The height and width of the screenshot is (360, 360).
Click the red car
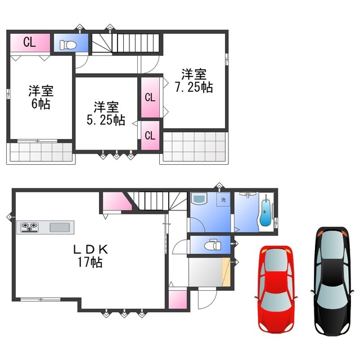click(276, 288)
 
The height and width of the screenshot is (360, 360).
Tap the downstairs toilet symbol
click(211, 244)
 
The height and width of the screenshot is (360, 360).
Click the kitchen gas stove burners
click(29, 227)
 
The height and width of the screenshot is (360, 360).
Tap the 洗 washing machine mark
click(223, 200)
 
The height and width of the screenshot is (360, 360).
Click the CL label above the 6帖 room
click(30, 42)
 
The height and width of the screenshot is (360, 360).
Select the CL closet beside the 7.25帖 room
click(150, 97)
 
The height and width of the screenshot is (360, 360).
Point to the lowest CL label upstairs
click(150, 136)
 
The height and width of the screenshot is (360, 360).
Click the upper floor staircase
click(126, 42)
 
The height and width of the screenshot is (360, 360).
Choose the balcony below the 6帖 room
click(40, 152)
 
